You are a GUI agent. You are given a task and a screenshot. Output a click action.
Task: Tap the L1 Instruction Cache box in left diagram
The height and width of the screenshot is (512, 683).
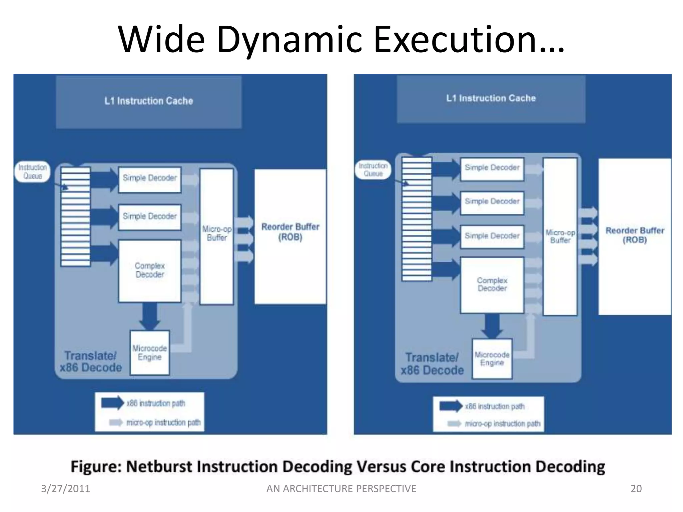tap(149, 101)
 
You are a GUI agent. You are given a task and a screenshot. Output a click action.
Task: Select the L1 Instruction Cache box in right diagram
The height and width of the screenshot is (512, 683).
tap(491, 98)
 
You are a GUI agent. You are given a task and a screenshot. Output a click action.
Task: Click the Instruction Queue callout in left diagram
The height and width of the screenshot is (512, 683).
tap(32, 172)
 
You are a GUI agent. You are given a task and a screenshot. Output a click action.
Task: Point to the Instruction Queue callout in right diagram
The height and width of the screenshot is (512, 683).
tap(373, 170)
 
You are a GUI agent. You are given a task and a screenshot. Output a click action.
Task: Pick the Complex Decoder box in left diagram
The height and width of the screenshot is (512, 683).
tap(150, 270)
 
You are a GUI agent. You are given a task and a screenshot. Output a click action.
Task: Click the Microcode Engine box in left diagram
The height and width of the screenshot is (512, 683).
tap(149, 353)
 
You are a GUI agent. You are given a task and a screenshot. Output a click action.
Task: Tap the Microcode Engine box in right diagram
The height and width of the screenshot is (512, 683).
tap(492, 359)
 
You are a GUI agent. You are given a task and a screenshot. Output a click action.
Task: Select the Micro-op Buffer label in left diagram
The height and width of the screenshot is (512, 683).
tap(217, 233)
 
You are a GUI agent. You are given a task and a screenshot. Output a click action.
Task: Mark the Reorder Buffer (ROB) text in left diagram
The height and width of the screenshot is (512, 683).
tap(290, 232)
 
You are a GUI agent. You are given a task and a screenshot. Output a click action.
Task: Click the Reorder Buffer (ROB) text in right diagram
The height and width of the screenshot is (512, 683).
tap(635, 235)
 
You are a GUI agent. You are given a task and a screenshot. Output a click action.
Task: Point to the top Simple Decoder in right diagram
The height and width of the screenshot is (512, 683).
tap(492, 168)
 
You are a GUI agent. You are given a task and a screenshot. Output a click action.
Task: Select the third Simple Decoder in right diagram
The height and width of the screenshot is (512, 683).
tap(492, 236)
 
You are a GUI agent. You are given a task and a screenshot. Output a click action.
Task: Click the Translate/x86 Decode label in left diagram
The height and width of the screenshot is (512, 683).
tap(91, 362)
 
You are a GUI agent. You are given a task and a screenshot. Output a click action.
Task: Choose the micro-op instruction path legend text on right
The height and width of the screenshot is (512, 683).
tap(502, 424)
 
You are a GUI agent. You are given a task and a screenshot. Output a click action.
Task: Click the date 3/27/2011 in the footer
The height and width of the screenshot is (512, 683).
tap(65, 489)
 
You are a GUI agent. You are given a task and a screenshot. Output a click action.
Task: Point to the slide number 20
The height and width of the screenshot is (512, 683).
tap(636, 489)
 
